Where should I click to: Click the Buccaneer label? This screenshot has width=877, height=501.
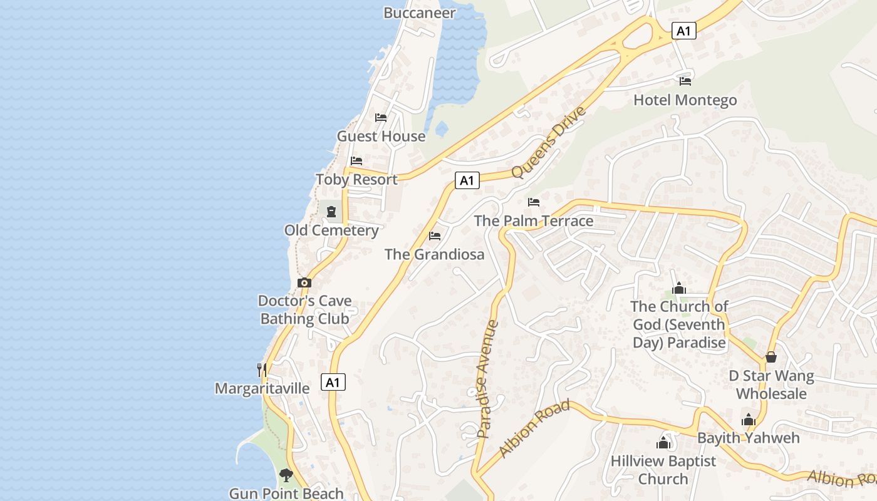pyautogui.click(x=419, y=13)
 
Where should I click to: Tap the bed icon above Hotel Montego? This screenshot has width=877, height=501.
pyautogui.click(x=685, y=81)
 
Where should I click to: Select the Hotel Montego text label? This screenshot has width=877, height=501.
pyautogui.click(x=685, y=100)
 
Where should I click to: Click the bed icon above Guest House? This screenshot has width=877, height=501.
pyautogui.click(x=381, y=117)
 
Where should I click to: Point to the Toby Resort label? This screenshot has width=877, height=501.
pyautogui.click(x=356, y=180)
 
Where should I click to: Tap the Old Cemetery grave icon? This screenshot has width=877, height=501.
pyautogui.click(x=331, y=212)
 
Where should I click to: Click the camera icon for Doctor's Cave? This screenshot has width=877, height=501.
pyautogui.click(x=304, y=282)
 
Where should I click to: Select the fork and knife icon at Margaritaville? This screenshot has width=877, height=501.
pyautogui.click(x=262, y=369)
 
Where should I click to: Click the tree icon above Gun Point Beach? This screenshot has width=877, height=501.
pyautogui.click(x=286, y=475)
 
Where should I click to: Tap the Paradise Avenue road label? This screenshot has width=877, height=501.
pyautogui.click(x=487, y=379)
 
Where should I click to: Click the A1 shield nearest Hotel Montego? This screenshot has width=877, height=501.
pyautogui.click(x=683, y=31)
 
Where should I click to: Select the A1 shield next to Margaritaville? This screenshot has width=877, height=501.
pyautogui.click(x=333, y=382)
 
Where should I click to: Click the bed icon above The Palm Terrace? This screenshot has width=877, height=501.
pyautogui.click(x=534, y=202)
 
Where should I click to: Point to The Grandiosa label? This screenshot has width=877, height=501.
pyautogui.click(x=434, y=254)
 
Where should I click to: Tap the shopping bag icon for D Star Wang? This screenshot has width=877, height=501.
pyautogui.click(x=771, y=357)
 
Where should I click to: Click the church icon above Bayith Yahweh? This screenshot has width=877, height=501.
pyautogui.click(x=749, y=420)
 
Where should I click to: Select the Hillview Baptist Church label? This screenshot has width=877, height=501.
pyautogui.click(x=663, y=470)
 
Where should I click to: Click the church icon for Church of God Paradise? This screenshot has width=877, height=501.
pyautogui.click(x=679, y=288)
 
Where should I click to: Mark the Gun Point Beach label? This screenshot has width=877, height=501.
pyautogui.click(x=286, y=493)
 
